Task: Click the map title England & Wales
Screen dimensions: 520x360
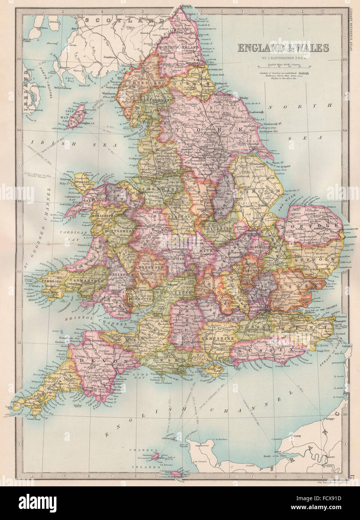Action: click(x=281, y=48)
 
